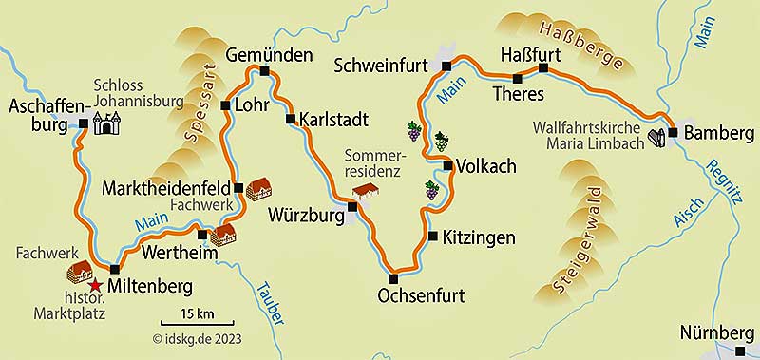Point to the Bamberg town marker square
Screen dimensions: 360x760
[672, 133]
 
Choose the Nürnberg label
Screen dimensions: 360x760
[717, 333]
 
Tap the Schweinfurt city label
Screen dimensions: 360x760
[386, 65]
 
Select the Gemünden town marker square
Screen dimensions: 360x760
[265, 71]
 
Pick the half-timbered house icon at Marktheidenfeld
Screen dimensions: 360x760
[257, 190]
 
